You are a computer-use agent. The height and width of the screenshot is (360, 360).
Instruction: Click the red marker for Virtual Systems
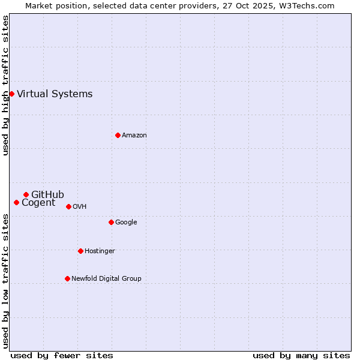tap(11, 94)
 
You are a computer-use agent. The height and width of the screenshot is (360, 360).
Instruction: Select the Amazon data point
tap(118, 135)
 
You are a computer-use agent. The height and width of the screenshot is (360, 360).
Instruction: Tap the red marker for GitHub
tap(26, 194)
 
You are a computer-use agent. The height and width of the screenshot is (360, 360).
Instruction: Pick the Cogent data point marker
tap(16, 202)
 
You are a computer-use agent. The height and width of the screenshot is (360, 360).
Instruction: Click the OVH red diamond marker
tap(68, 206)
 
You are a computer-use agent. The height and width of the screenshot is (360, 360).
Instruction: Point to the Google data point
tap(111, 222)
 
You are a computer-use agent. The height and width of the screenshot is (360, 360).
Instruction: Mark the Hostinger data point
tap(80, 251)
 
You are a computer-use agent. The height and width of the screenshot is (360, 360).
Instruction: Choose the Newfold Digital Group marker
tap(67, 278)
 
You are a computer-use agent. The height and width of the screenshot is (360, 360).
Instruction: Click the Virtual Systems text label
tap(55, 94)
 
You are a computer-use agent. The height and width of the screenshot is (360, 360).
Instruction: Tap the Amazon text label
tap(134, 135)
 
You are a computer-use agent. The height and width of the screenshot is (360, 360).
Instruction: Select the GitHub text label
tap(47, 194)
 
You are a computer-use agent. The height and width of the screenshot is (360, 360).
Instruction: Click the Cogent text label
tap(38, 203)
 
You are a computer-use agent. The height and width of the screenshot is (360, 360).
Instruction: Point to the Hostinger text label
tap(100, 251)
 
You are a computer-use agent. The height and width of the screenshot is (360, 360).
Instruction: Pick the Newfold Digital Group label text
tap(106, 278)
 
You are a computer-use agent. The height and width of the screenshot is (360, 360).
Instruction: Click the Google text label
tap(126, 222)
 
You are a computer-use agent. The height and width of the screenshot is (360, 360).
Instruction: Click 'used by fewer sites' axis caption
tap(62, 355)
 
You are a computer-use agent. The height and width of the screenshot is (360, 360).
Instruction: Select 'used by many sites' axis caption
tap(301, 355)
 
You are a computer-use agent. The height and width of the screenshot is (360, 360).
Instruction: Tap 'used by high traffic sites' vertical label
tap(6, 85)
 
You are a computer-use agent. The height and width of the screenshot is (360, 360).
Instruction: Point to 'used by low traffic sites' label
tap(6, 280)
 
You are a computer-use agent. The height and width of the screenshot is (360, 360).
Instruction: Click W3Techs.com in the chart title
tap(305, 5)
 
